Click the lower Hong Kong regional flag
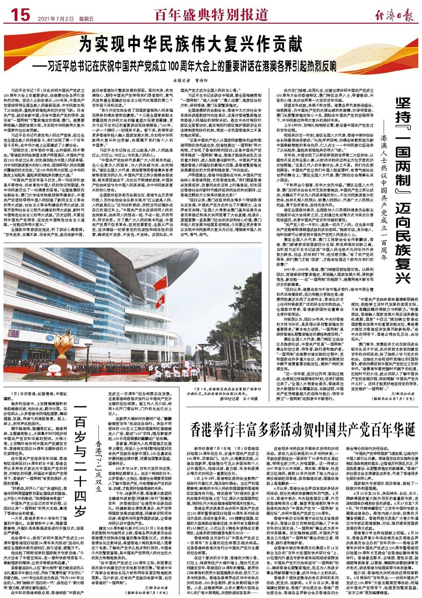[x=160, y=301]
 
